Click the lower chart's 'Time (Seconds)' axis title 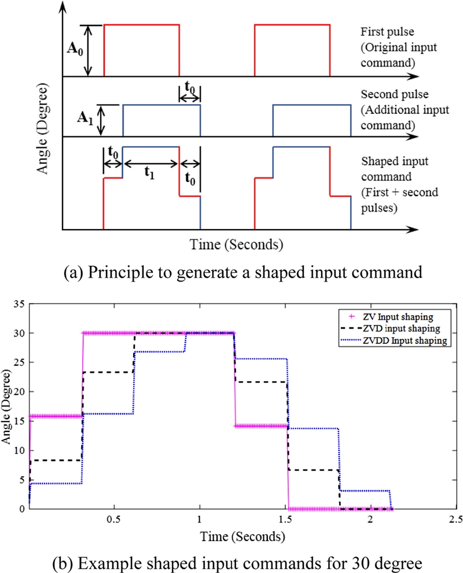(242, 537)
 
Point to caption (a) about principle (231, 270)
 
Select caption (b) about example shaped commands (231, 561)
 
